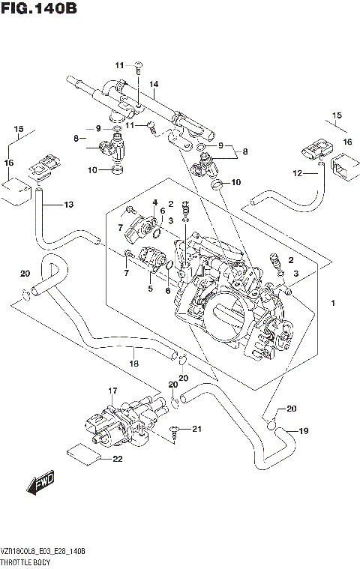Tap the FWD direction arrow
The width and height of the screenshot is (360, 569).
tap(40, 485)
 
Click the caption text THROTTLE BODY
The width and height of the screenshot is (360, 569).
tap(25, 561)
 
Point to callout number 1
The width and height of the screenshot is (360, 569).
tap(332, 303)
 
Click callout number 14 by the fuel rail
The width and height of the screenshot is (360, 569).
tap(154, 85)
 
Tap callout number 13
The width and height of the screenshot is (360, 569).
tap(68, 205)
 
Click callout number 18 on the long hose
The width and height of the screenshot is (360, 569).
tap(134, 363)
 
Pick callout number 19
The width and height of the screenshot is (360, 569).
tap(304, 431)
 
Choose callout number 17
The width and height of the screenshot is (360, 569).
tap(112, 391)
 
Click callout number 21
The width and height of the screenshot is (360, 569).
tap(197, 429)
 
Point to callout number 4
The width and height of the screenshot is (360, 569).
tap(154, 202)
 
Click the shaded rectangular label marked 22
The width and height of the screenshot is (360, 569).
tap(83, 453)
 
